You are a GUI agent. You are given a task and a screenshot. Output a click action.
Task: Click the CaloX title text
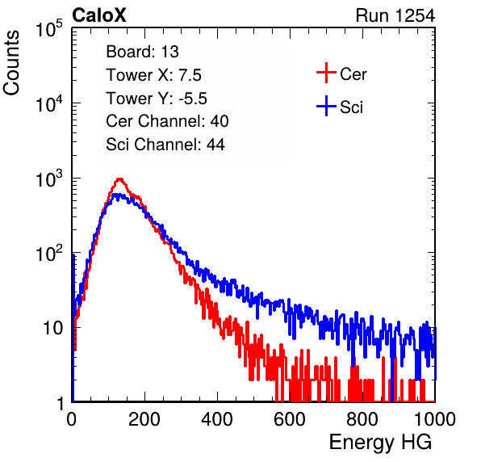coord(98,15)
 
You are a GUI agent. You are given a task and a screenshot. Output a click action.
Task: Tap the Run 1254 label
coord(395,15)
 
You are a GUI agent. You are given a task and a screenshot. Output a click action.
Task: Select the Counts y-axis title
coord(11,63)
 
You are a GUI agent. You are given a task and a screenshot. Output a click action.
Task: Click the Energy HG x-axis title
coord(380,443)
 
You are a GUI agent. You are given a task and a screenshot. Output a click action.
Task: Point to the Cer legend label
coord(353,74)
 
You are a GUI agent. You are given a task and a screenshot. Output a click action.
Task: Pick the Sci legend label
coord(351,107)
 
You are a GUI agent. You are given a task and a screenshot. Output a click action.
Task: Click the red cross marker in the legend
coord(326,73)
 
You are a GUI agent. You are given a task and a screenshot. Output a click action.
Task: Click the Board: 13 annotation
coord(142,52)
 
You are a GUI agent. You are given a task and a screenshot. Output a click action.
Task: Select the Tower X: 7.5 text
coord(153,75)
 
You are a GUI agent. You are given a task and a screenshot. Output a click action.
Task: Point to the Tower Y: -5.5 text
coord(157,99)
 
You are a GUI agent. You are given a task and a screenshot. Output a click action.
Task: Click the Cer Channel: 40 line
coord(167,121)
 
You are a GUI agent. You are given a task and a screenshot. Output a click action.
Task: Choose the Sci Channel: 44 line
coord(165,145)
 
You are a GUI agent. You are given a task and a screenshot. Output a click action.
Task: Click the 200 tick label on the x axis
coord(144,419)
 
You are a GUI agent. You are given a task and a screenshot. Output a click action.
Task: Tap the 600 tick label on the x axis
coord(290,419)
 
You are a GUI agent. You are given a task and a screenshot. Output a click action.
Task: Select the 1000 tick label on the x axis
coord(435,419)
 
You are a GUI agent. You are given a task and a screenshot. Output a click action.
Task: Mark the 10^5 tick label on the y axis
coord(49,29)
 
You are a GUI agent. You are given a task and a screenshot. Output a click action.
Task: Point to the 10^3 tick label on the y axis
coord(49,178)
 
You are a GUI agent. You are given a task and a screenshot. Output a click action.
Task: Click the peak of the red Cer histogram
coord(119,179)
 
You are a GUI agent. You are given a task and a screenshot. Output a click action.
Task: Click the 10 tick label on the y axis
coord(52,328)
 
